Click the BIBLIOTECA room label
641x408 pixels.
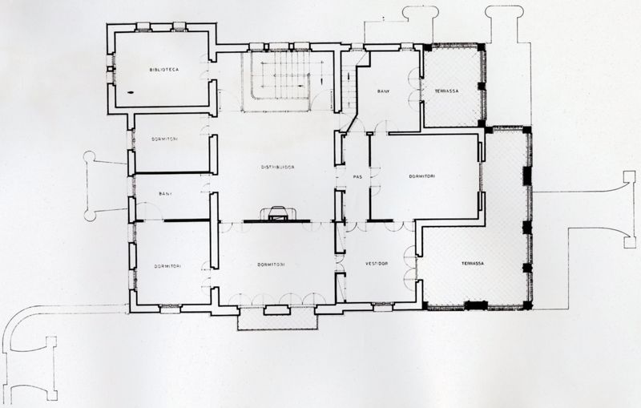(x=163, y=71)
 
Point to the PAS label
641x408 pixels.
(x=349, y=176)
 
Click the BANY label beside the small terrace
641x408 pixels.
(x=384, y=92)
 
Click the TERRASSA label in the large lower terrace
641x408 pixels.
(x=473, y=264)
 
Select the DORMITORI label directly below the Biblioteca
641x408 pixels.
(x=164, y=139)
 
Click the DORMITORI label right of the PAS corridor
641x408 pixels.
(x=422, y=176)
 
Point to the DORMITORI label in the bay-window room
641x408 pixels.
(x=272, y=264)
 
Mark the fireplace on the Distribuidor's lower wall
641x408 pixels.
(x=277, y=213)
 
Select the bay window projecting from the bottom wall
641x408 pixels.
(x=276, y=319)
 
